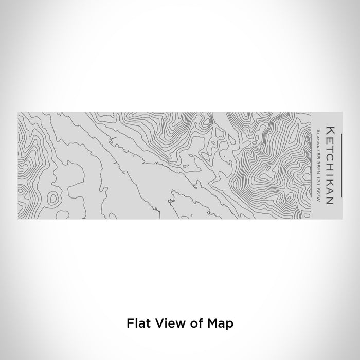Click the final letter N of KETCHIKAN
coord(329,195)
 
